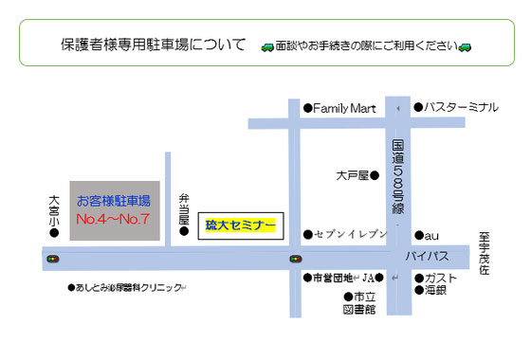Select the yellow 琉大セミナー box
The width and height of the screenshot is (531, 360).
click(242, 225)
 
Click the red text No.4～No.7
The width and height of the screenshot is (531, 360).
click(114, 220)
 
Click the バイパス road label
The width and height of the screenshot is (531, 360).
click(430, 256)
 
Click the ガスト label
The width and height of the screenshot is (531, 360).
click(442, 278)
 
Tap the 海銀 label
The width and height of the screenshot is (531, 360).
click(436, 290)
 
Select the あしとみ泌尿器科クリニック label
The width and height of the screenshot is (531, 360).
click(127, 287)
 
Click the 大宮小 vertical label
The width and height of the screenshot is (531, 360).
click(54, 211)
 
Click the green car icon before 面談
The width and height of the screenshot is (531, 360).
click(266, 46)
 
